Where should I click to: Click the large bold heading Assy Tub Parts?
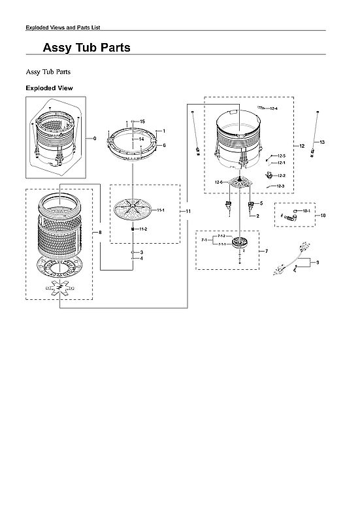tap(86, 48)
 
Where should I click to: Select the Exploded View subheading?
tap(49, 88)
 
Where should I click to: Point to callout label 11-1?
tap(161, 210)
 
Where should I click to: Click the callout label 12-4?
tap(274, 108)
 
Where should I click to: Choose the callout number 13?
tap(322, 142)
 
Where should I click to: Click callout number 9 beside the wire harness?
tap(318, 263)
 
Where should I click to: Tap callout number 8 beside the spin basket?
tap(100, 232)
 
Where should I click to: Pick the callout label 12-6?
tap(220, 182)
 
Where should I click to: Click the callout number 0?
tap(95, 139)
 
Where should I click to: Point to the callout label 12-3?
tap(280, 187)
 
